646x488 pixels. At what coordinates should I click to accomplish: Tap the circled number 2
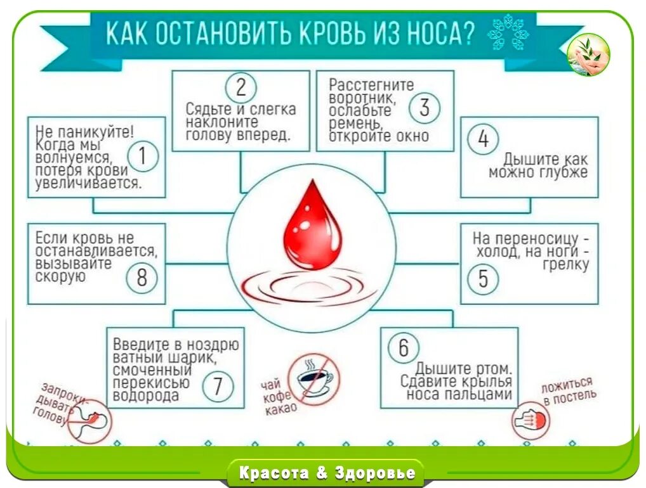click(241, 87)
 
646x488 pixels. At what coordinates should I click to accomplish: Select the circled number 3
click(424, 108)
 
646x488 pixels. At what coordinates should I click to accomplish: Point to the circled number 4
click(484, 139)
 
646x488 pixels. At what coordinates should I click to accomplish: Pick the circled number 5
click(484, 278)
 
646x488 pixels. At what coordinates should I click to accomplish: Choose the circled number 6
click(404, 348)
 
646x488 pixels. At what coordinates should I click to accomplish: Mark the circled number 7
click(218, 386)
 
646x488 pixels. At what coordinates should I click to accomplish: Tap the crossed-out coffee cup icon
click(314, 379)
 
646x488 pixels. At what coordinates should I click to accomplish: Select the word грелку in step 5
click(566, 264)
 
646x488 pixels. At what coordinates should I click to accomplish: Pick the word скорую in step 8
click(60, 277)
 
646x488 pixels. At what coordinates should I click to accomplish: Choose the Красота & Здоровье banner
click(327, 473)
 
